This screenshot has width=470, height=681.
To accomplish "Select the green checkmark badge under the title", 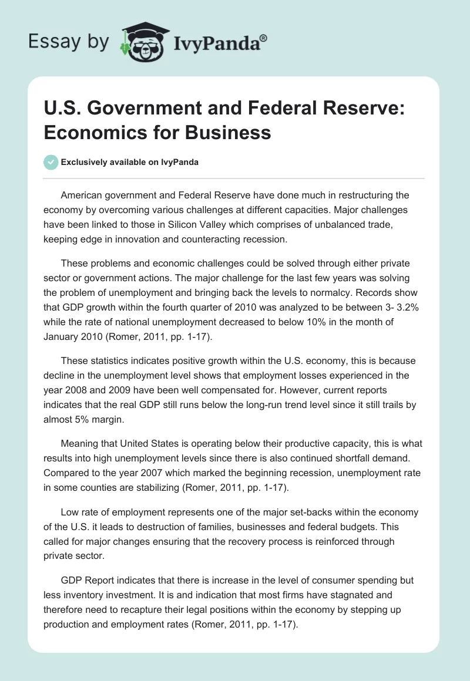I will tap(52, 162).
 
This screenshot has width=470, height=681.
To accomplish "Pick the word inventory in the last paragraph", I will tap(75, 594).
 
